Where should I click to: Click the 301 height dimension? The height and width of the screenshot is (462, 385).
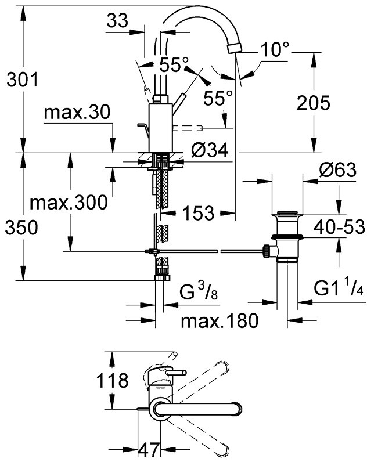(23, 80)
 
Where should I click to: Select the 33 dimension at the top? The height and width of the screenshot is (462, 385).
(117, 21)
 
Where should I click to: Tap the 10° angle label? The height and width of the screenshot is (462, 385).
(275, 49)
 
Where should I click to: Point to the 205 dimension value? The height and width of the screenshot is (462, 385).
(314, 103)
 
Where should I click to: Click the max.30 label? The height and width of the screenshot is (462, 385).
(77, 112)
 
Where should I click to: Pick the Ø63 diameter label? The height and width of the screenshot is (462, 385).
(337, 169)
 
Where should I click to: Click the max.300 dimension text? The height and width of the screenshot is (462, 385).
(69, 203)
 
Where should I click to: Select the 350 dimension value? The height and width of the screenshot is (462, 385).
(21, 228)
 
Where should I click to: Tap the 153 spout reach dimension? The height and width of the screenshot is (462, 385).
(198, 213)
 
